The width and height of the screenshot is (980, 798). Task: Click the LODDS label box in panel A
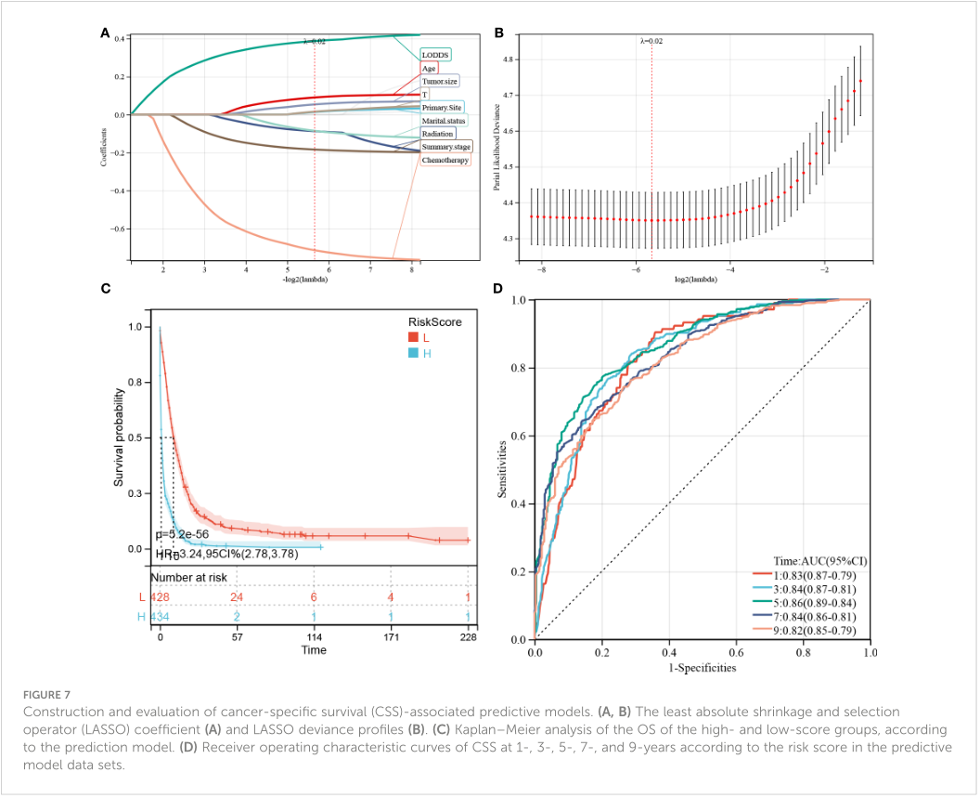(x=434, y=55)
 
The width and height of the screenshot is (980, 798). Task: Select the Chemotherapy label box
(x=445, y=161)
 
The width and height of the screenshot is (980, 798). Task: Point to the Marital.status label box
(x=445, y=121)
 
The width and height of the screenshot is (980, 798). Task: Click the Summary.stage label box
(x=446, y=147)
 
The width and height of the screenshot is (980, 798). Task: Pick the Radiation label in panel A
(x=437, y=134)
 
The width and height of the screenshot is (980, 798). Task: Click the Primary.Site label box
(x=442, y=108)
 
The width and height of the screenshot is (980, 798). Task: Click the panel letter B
(x=498, y=33)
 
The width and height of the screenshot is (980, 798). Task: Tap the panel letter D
(x=498, y=289)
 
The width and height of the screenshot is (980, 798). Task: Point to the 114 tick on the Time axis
(x=315, y=636)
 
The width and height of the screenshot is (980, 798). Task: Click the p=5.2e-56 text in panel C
(x=186, y=537)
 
